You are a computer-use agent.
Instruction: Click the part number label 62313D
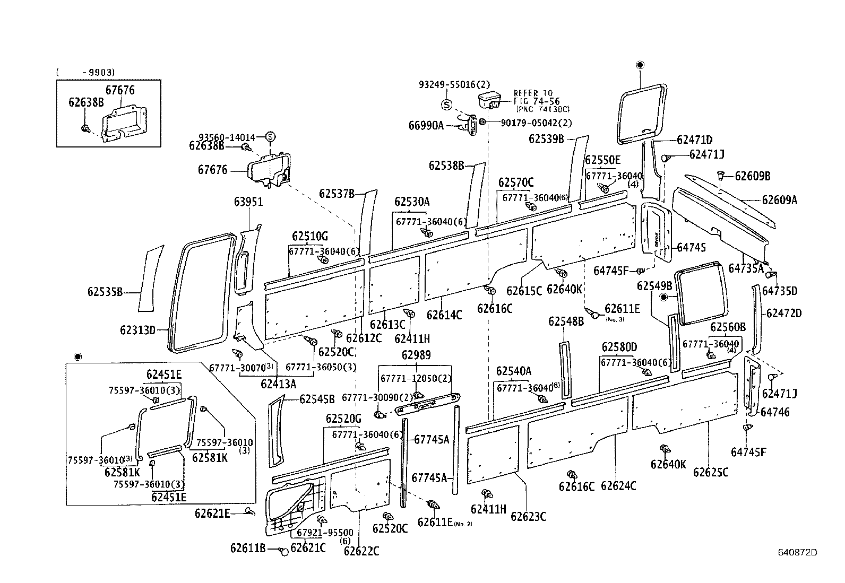pos(137,330)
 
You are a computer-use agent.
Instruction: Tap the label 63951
pos(248,202)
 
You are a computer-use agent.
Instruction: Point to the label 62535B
pos(105,292)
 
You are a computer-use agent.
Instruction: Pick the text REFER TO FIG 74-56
pos(533,97)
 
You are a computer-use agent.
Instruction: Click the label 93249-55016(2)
pos(454,84)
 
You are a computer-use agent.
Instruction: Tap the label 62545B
pos(317,399)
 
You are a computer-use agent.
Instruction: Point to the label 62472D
pos(784,314)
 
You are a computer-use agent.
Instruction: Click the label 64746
pos(775,412)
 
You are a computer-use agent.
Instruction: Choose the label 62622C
pos(361,551)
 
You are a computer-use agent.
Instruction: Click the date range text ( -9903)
pos(85,73)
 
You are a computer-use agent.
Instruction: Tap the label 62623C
pos(528,516)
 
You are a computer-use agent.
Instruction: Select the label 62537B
pos(337,194)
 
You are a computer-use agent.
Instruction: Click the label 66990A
pos(426,126)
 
